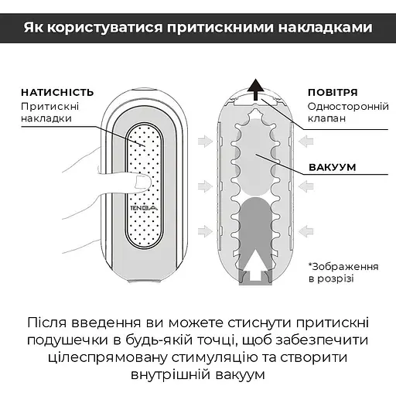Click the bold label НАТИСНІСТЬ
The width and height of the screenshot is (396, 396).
(58, 91)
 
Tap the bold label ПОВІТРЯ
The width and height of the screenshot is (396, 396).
(333, 91)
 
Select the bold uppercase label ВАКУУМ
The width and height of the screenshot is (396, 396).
(333, 167)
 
